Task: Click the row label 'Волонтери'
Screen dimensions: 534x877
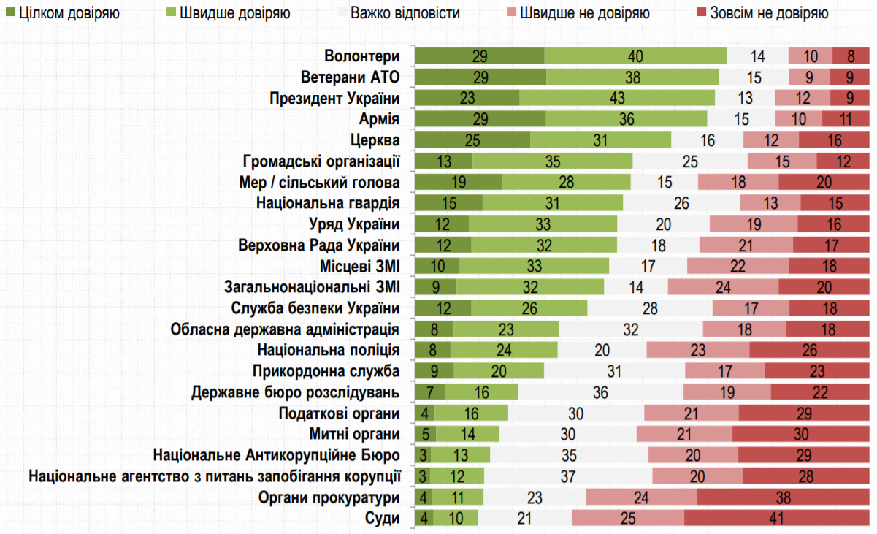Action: click(363, 56)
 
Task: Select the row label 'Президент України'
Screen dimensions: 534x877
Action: click(334, 98)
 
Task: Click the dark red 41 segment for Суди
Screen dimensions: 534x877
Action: click(776, 518)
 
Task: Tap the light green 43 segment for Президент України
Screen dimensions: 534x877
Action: click(617, 98)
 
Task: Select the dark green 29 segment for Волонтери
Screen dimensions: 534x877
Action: click(480, 56)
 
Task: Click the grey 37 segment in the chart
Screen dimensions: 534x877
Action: click(568, 476)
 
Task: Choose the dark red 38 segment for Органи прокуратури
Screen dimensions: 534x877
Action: click(782, 497)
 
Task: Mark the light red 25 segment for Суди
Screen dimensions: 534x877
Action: click(628, 518)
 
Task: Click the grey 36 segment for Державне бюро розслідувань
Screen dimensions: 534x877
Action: click(600, 392)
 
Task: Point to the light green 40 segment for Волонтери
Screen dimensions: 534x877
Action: click(635, 56)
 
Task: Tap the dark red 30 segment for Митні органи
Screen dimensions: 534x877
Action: click(800, 434)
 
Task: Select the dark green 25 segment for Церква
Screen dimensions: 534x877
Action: click(472, 140)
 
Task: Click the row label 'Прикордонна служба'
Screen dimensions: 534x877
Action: click(326, 371)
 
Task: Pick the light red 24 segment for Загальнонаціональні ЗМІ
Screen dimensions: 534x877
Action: click(723, 287)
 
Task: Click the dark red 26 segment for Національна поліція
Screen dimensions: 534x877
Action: click(809, 350)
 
